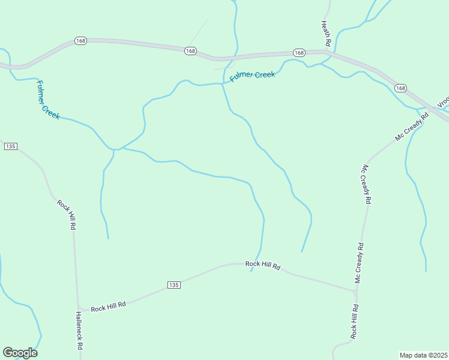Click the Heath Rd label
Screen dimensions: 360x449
(x=326, y=34)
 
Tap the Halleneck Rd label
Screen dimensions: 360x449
(x=79, y=331)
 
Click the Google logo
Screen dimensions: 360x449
(x=20, y=353)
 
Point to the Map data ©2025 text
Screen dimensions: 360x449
(x=423, y=355)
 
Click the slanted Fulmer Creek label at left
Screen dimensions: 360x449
(x=48, y=100)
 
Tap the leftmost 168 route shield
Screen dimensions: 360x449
(x=81, y=41)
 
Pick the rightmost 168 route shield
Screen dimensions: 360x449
(x=400, y=88)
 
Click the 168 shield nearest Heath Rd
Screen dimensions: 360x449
(x=299, y=53)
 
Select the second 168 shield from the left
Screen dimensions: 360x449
(x=190, y=51)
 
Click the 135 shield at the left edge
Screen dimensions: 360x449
(x=10, y=146)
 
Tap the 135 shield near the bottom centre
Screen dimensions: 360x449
(x=173, y=284)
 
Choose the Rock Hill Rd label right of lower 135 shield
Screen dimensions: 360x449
(x=263, y=265)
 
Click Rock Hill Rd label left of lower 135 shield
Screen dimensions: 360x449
(x=108, y=306)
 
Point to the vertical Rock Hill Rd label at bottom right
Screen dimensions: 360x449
(x=355, y=322)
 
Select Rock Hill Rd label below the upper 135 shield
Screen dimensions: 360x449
(x=67, y=215)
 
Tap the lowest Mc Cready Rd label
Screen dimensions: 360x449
(x=360, y=263)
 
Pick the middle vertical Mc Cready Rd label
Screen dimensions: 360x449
(x=366, y=183)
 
